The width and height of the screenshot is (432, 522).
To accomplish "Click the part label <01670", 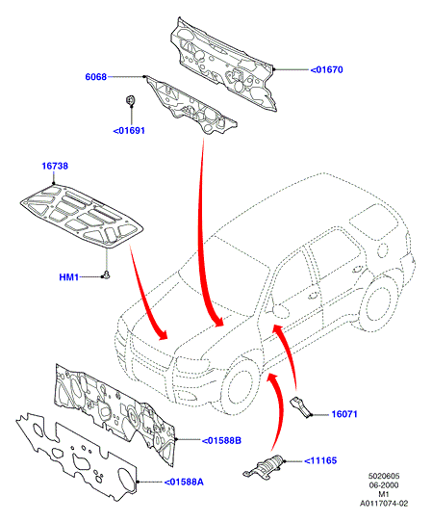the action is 326,70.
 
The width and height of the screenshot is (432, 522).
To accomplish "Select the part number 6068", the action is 96,77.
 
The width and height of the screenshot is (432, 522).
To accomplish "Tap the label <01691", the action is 129,131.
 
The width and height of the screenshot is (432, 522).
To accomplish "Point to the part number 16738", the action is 55,166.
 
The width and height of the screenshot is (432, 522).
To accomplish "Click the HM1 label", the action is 69,277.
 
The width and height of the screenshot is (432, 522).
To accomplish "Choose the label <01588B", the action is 221,441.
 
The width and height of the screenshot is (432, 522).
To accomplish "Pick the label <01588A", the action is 184,482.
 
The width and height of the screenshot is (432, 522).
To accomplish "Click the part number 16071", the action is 344,414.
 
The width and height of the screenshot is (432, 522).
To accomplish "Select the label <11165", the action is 320,460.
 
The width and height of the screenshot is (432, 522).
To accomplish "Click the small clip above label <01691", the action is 131,100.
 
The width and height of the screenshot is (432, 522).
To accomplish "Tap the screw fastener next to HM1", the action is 107,275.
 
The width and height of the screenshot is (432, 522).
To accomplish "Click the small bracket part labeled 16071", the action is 301,406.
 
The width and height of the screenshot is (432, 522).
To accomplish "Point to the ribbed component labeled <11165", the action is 265,467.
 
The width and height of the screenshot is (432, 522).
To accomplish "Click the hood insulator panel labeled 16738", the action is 82,216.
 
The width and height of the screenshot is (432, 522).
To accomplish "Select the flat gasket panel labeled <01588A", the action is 76,457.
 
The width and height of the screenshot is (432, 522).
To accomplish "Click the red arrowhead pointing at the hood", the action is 163,334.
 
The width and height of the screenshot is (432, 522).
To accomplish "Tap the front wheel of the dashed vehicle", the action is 241,386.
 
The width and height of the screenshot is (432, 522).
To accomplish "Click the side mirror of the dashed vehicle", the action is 279,311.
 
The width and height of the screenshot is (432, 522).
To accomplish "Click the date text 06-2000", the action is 384,485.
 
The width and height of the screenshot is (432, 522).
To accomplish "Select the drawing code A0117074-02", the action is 384,504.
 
